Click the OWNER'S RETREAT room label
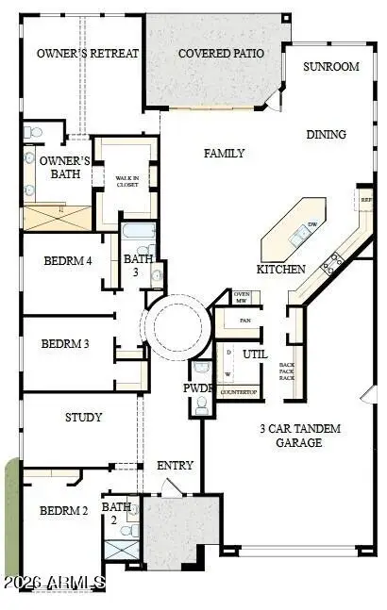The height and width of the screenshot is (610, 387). click(x=88, y=54)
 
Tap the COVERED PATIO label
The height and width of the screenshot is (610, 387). click(x=221, y=54)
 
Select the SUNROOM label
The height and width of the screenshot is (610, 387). click(x=331, y=67)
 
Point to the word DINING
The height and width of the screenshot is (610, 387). click(x=326, y=135)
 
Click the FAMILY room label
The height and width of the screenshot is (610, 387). click(x=225, y=154)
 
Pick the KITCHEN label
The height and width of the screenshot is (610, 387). click(x=281, y=269)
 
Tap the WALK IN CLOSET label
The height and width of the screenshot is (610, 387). click(x=126, y=182)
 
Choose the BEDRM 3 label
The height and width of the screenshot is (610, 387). click(x=65, y=344)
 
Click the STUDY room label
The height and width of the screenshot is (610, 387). click(x=83, y=417)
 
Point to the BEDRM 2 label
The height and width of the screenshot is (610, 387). click(x=63, y=511)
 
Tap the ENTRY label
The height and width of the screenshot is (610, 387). click(x=176, y=466)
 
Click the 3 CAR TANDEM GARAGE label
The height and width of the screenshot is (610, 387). click(x=300, y=436)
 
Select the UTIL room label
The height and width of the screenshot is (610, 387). click(x=256, y=355)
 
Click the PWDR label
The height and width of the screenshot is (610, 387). click(x=195, y=388)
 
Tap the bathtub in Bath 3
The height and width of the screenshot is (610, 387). click(x=139, y=232)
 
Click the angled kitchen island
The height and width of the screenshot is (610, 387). click(x=293, y=230)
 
